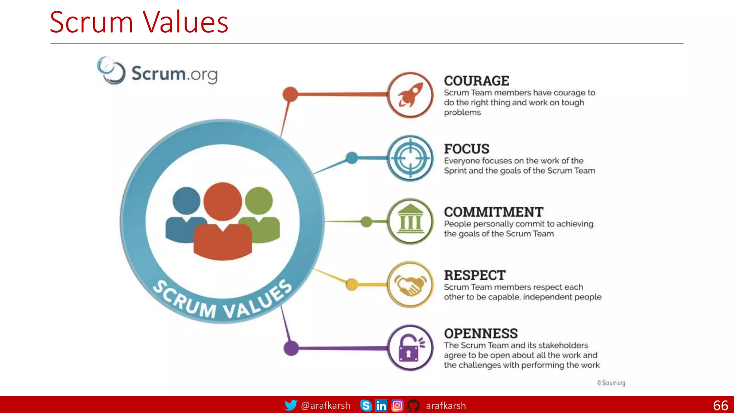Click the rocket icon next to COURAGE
click(x=410, y=95)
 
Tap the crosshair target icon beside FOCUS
click(x=410, y=158)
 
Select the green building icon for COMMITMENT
click(x=410, y=221)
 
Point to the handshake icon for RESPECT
click(x=410, y=285)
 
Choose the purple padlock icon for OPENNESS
click(x=410, y=348)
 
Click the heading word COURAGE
click(x=476, y=81)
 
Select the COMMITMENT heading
click(x=494, y=212)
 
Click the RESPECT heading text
click(x=475, y=275)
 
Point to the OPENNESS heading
click(x=481, y=334)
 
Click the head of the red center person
click(x=223, y=201)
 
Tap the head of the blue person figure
click(x=186, y=201)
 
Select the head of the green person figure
click(x=259, y=201)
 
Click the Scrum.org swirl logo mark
click(x=111, y=71)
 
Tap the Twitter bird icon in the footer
click(x=291, y=405)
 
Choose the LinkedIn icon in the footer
click(x=381, y=405)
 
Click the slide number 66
click(x=720, y=405)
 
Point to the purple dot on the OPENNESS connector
click(x=291, y=348)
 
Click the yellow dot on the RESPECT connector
click(x=352, y=285)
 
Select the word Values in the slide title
click(x=185, y=22)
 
